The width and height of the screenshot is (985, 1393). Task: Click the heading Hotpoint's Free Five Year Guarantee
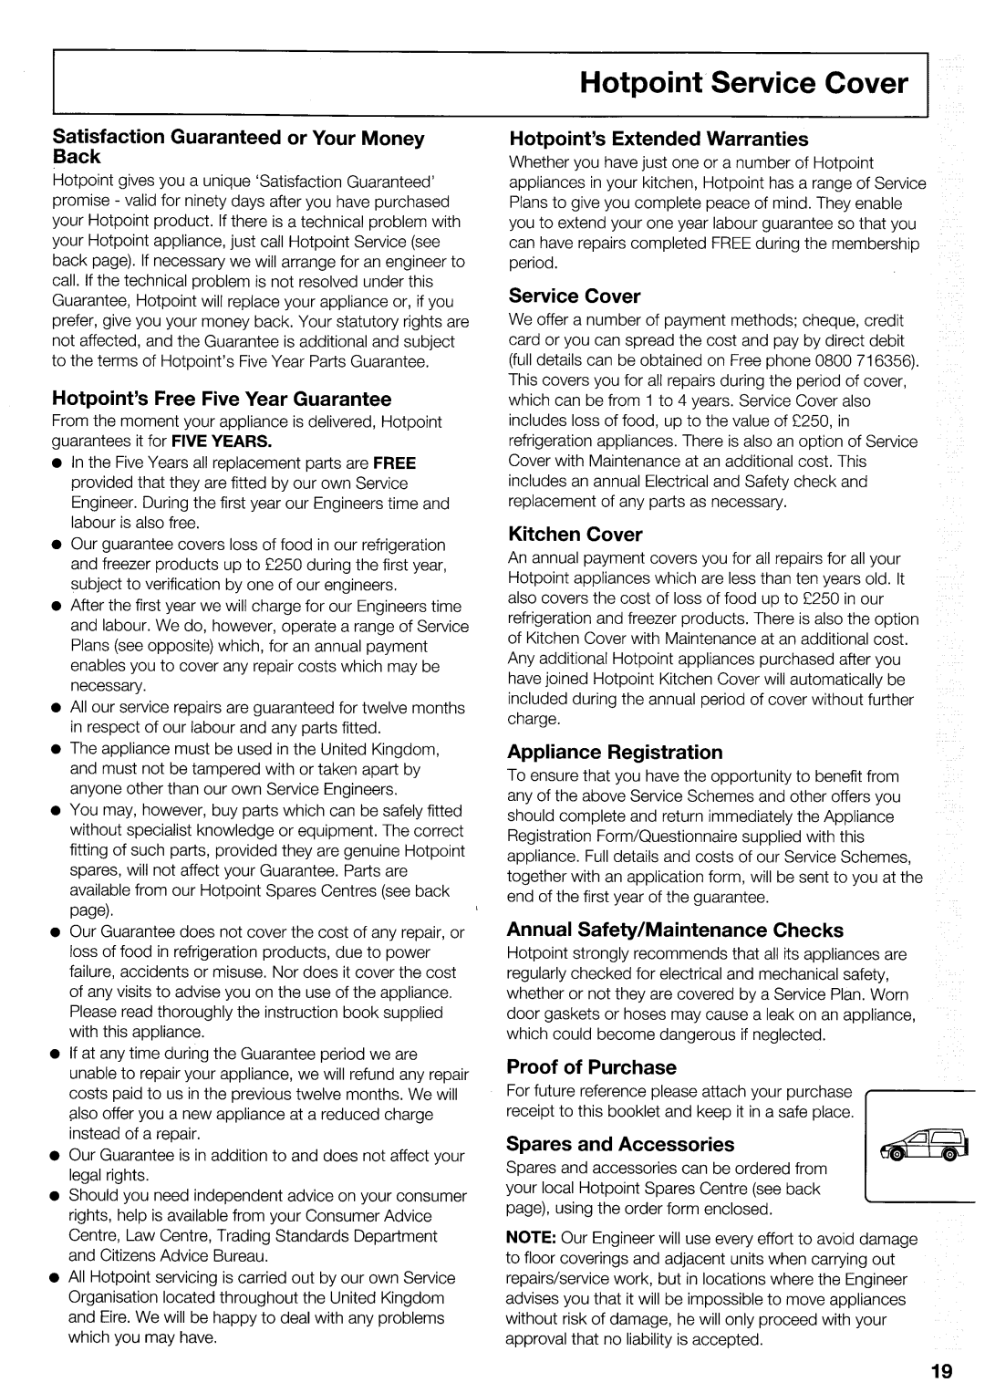(x=223, y=399)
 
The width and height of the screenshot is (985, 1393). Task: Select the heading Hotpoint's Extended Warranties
(x=658, y=139)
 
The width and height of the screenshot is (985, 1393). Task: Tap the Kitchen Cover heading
(x=575, y=534)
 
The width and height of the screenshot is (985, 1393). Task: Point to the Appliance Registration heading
(x=615, y=752)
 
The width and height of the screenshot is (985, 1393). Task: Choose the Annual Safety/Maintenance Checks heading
(x=675, y=930)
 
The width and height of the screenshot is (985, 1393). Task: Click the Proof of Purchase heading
(x=592, y=1066)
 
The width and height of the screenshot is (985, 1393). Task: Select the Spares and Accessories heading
(x=620, y=1143)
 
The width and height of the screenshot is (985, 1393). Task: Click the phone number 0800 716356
(x=872, y=360)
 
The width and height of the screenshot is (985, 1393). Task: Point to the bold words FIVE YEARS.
(x=230, y=442)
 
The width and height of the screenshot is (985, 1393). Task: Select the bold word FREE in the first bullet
(x=393, y=463)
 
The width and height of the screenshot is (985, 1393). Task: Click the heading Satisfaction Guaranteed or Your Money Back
(x=239, y=147)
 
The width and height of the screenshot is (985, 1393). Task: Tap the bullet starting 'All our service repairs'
(x=57, y=708)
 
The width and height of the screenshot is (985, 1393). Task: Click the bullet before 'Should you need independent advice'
(x=57, y=1196)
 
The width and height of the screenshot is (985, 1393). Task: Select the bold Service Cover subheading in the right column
(x=575, y=296)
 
